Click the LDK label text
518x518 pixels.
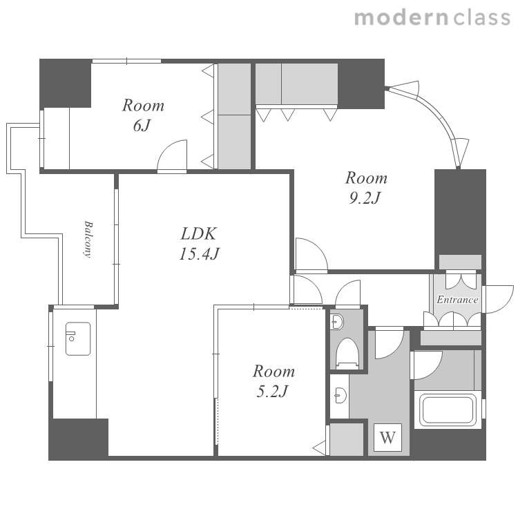[x=198, y=233]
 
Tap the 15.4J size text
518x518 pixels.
[x=199, y=253]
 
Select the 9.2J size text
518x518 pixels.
[x=365, y=198]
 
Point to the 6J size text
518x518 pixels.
[x=142, y=126]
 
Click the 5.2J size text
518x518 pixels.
[x=272, y=392]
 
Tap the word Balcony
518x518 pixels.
[x=88, y=239]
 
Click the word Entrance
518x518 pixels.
[x=457, y=300]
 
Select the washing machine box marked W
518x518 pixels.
[x=388, y=437]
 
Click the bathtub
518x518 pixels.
[x=448, y=409]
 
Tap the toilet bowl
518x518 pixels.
[x=347, y=352]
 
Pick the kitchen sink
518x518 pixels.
[x=78, y=338]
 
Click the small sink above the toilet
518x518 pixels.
[x=336, y=321]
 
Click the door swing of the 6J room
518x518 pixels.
[x=172, y=155]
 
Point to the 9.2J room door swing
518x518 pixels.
[x=311, y=254]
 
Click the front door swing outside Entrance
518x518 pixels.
[x=498, y=299]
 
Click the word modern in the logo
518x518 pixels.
[x=401, y=17]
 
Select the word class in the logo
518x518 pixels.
[x=481, y=17]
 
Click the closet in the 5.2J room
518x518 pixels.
[x=347, y=439]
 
